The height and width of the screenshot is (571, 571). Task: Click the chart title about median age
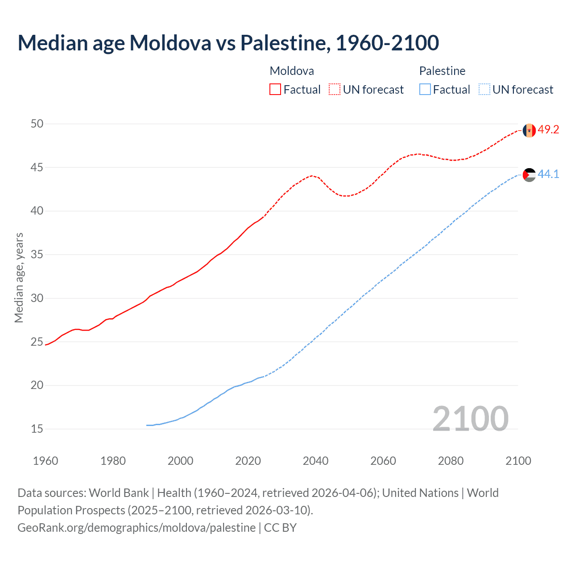pyautogui.click(x=228, y=43)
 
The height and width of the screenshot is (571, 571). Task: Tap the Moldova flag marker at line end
pyautogui.click(x=529, y=130)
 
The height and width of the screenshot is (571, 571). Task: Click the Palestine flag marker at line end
pyautogui.click(x=529, y=175)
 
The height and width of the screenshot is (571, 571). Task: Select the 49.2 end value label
pyautogui.click(x=548, y=130)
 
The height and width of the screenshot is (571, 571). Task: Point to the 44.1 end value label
pyautogui.click(x=548, y=174)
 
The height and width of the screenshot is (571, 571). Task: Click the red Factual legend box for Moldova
pyautogui.click(x=275, y=90)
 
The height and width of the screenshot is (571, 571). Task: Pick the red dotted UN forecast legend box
pyautogui.click(x=335, y=90)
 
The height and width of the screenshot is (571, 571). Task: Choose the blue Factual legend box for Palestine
pyautogui.click(x=425, y=90)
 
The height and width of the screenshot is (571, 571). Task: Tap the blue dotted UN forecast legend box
pyautogui.click(x=484, y=90)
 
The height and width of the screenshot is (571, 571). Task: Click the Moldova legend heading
pyautogui.click(x=292, y=71)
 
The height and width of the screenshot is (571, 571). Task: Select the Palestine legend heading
pyautogui.click(x=442, y=71)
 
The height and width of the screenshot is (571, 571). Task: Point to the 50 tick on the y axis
pyautogui.click(x=37, y=124)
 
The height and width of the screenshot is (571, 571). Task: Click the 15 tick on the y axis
pyautogui.click(x=37, y=429)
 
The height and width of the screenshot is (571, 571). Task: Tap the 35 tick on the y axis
pyautogui.click(x=37, y=255)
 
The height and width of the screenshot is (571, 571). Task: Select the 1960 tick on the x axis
pyautogui.click(x=46, y=461)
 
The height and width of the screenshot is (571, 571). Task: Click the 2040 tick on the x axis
pyautogui.click(x=315, y=461)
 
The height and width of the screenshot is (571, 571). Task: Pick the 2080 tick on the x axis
pyautogui.click(x=451, y=461)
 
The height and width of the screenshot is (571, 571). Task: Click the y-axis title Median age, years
pyautogui.click(x=19, y=277)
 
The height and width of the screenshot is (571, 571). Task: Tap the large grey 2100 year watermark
pyautogui.click(x=470, y=418)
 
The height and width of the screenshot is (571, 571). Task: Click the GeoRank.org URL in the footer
pyautogui.click(x=137, y=528)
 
